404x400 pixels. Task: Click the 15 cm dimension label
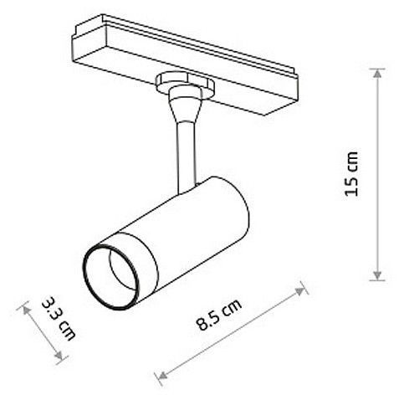(351, 174)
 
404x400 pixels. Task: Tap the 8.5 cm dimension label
(219, 315)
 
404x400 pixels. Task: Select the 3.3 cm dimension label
(59, 319)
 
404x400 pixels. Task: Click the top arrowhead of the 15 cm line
(377, 73)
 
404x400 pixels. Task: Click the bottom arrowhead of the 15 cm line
(377, 275)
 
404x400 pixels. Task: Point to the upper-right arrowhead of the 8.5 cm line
(300, 291)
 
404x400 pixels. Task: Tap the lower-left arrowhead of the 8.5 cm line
(162, 375)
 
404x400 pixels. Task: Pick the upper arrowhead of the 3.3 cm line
(26, 310)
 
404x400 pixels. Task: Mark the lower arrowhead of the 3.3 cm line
(59, 355)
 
